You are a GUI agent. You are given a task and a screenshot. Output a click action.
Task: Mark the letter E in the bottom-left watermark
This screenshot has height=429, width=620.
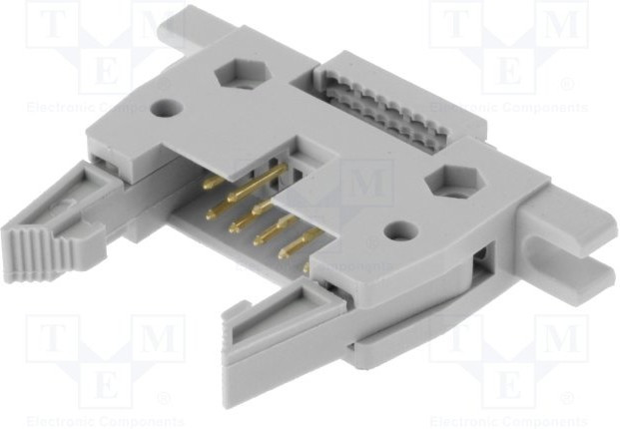104,384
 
